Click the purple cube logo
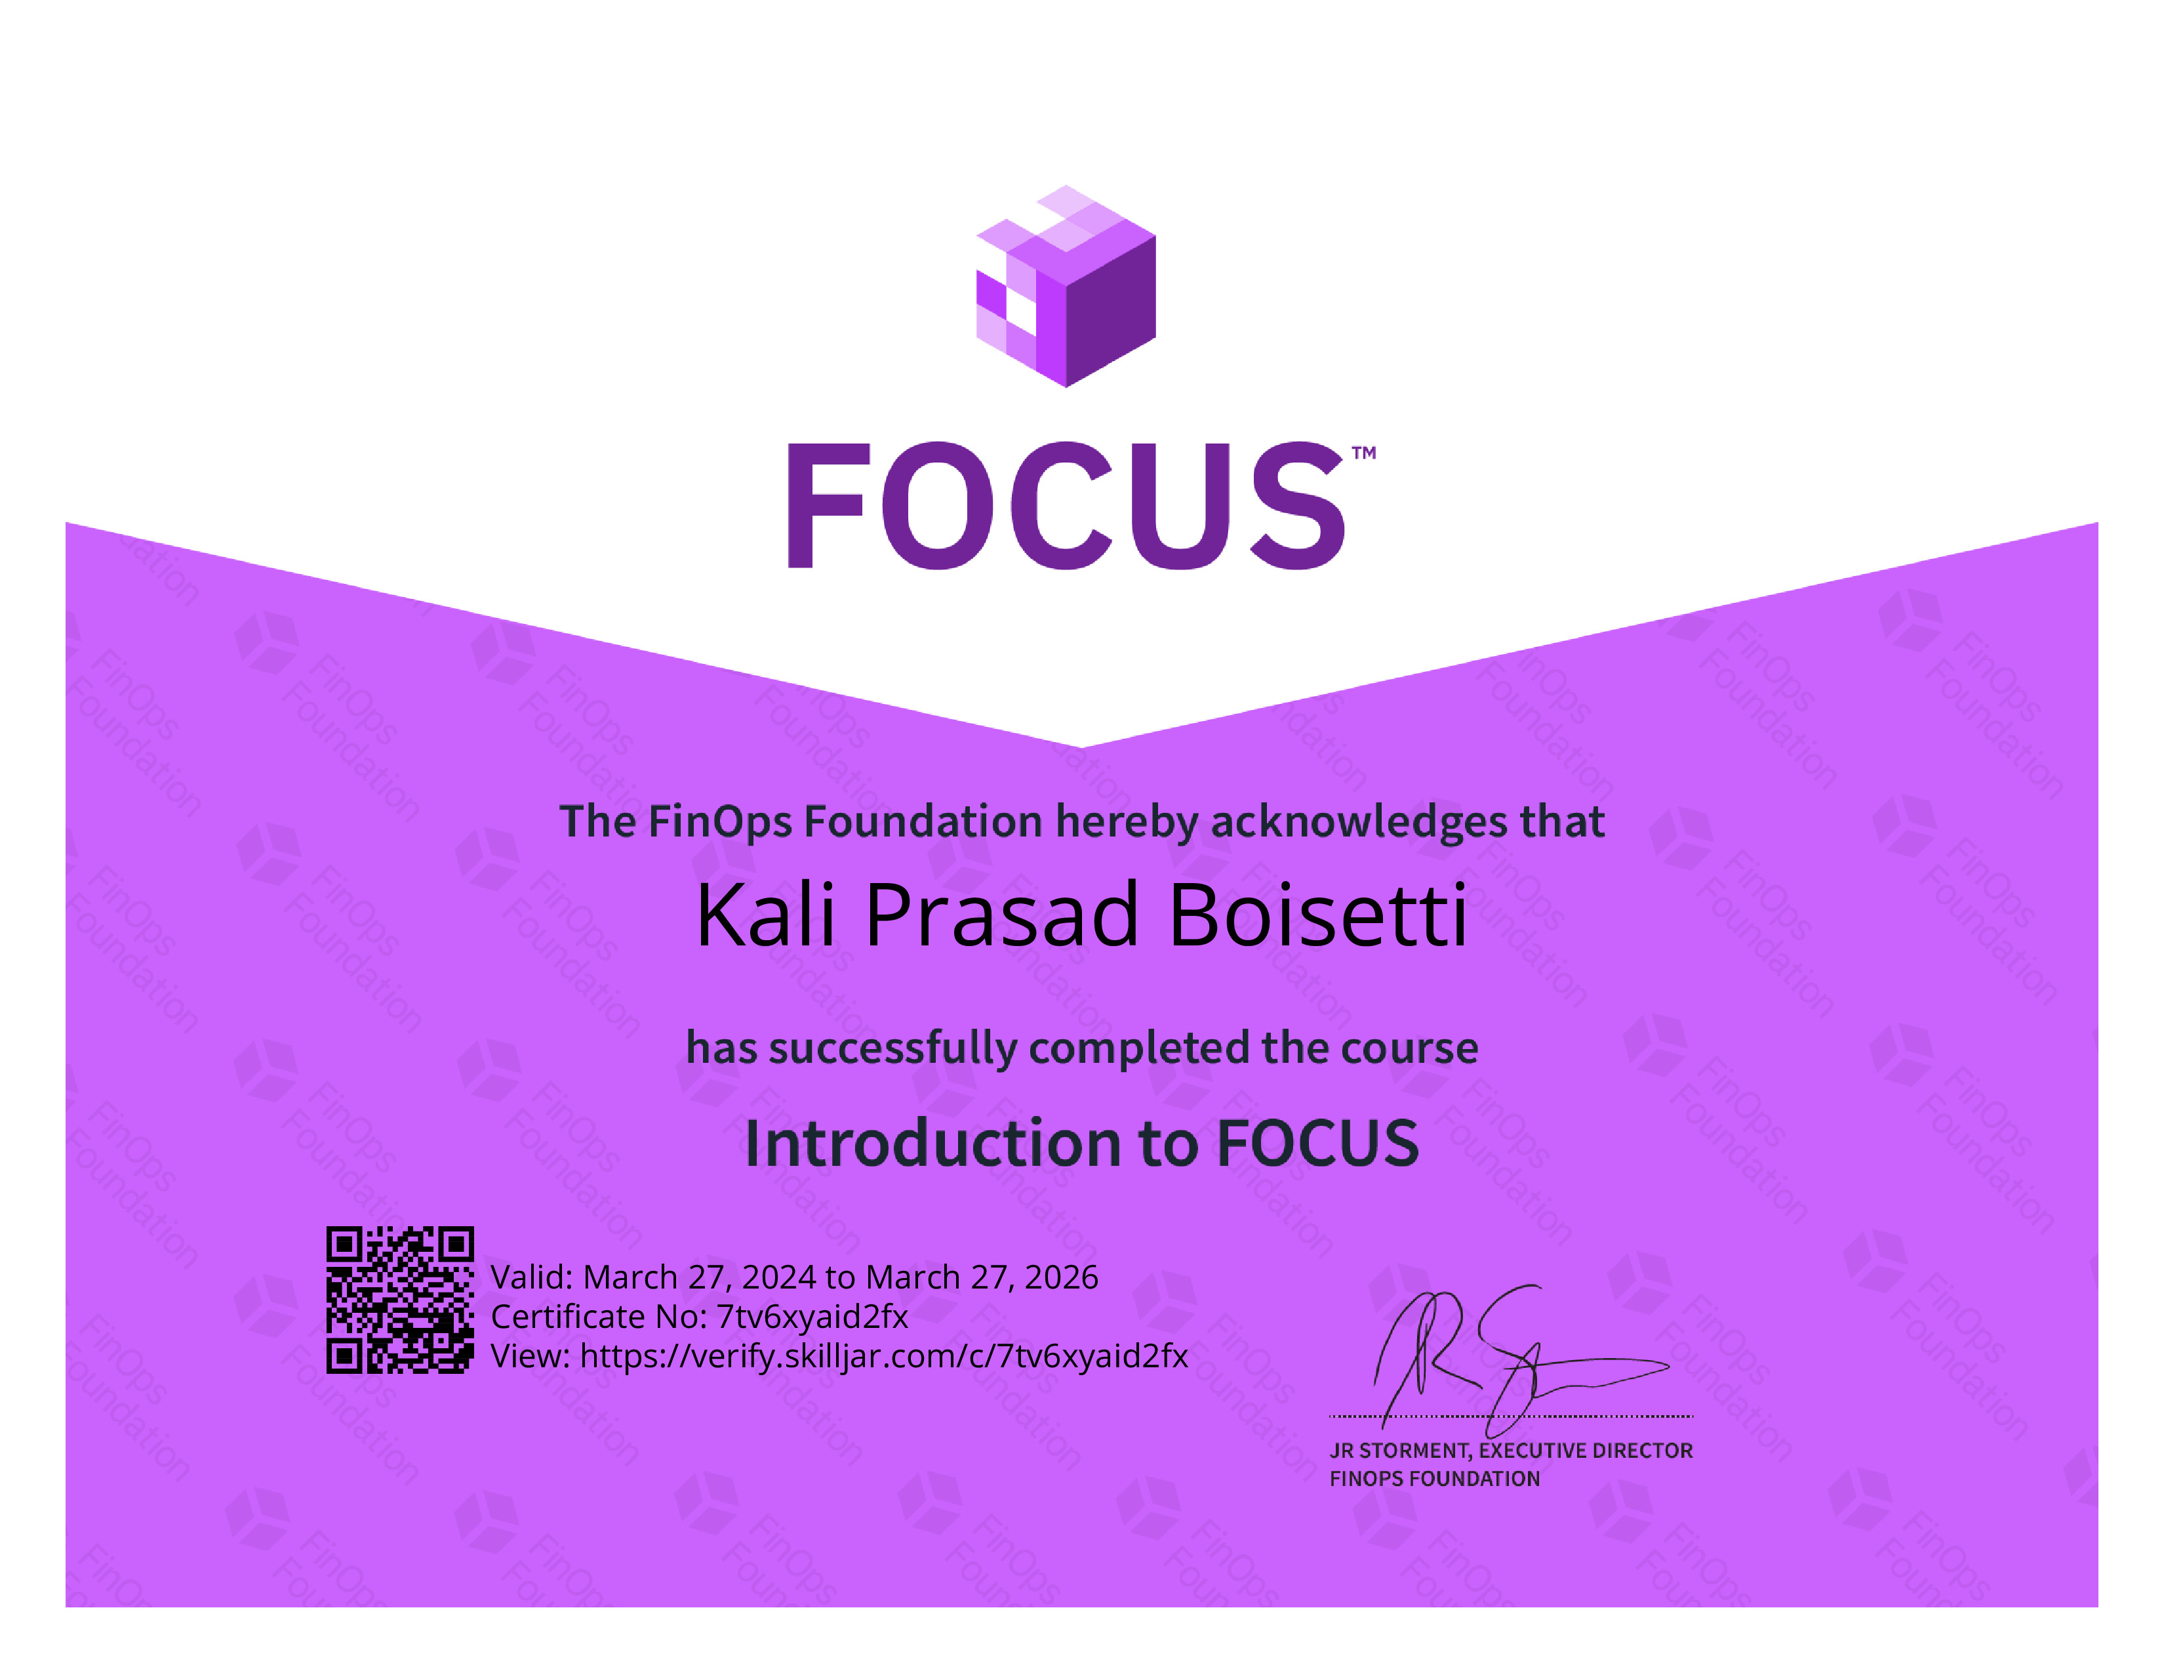1066,287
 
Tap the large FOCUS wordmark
1067,505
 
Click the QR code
400,1299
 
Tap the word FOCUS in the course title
1318,1144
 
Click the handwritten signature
1521,1361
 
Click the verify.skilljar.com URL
884,1356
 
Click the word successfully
892,1048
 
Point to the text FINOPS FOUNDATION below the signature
1435,1479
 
